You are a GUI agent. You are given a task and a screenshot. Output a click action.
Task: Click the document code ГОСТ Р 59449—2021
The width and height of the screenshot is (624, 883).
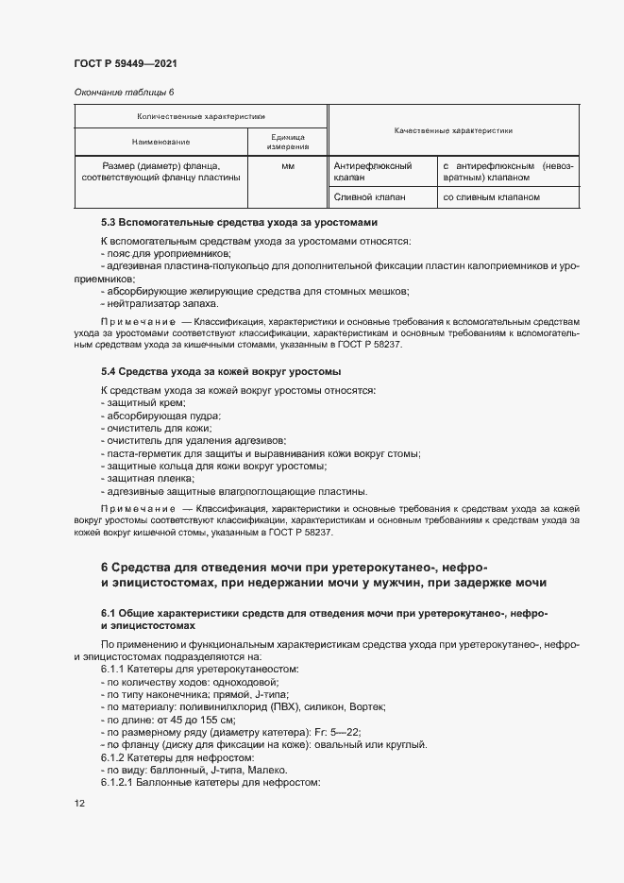click(x=125, y=64)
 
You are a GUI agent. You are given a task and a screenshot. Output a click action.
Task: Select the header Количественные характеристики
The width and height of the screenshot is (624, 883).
click(x=200, y=116)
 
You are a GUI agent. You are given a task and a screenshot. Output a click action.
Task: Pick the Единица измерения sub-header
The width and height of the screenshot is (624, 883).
click(x=287, y=142)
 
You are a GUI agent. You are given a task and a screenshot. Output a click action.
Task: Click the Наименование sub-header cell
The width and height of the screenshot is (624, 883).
click(x=160, y=142)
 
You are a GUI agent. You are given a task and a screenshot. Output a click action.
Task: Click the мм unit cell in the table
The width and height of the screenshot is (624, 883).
click(x=287, y=166)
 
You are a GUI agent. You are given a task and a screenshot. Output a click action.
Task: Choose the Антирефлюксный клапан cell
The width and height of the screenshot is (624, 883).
click(x=373, y=171)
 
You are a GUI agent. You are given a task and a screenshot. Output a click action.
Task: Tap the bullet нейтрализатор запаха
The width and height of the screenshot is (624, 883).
click(x=159, y=303)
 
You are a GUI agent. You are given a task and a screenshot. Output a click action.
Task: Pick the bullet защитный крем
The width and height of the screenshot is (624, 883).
click(x=138, y=402)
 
